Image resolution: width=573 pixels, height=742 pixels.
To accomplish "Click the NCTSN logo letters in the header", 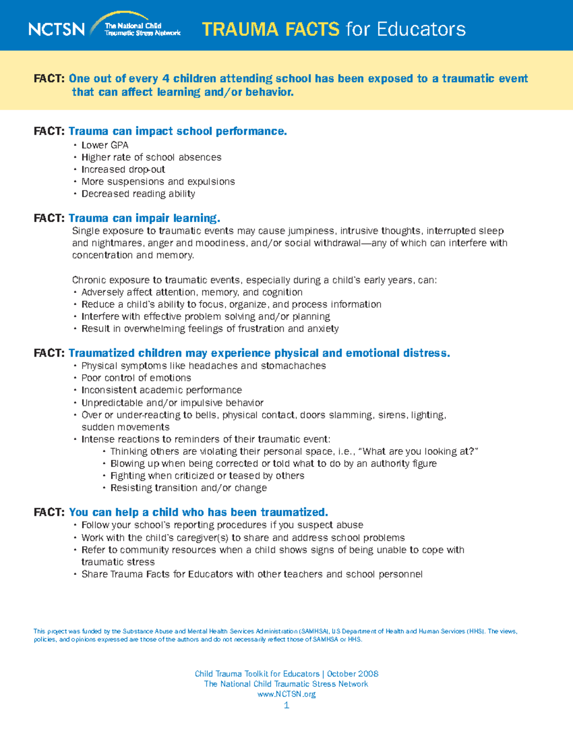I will (x=56, y=29).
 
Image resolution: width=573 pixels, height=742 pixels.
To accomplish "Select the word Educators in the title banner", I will (x=421, y=30).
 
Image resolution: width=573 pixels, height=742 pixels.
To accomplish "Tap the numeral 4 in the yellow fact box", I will (x=166, y=79).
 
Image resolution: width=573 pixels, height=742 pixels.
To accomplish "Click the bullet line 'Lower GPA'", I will (x=105, y=145).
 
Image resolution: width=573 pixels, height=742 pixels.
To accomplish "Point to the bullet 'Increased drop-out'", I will (x=123, y=170).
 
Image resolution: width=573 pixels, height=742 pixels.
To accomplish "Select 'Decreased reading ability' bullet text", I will (x=138, y=194).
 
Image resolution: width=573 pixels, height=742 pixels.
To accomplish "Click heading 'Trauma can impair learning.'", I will (x=144, y=218).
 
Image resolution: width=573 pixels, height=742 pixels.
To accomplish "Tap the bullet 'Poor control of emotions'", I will (x=136, y=378).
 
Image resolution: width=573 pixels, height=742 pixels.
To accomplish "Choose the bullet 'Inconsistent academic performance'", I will (x=161, y=390).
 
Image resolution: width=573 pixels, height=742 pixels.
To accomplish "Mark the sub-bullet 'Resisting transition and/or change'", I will (x=189, y=488).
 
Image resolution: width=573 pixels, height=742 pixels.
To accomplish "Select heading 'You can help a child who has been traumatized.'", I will (x=198, y=512).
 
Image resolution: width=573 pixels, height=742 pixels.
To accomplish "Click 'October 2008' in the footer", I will (x=352, y=674).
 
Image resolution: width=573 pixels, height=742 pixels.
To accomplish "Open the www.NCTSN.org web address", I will (x=286, y=694).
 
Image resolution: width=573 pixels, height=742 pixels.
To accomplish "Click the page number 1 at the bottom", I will (x=286, y=706).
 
